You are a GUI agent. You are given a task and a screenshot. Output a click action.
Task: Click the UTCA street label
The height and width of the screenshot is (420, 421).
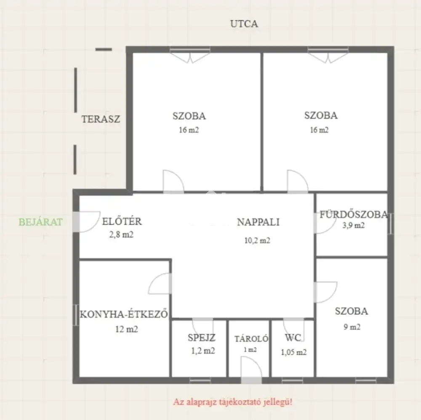[x=244, y=24]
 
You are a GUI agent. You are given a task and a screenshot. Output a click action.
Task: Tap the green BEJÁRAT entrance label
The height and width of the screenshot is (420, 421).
[x=40, y=222]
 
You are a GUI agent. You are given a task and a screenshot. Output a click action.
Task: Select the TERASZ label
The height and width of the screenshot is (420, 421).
[x=101, y=119]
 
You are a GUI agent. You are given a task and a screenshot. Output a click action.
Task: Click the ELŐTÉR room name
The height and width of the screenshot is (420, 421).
[x=122, y=221]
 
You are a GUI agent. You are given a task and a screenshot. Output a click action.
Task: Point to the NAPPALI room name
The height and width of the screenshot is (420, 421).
[x=258, y=222]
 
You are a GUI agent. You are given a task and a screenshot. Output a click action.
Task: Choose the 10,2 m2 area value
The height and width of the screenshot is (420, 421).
[x=257, y=240]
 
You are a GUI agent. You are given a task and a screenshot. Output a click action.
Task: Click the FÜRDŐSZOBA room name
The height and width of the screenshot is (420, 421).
[x=354, y=214]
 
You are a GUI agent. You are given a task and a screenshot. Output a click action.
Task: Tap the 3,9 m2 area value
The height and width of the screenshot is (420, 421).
[x=353, y=225]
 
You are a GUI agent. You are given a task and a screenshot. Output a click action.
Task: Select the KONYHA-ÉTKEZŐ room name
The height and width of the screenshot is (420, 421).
[x=124, y=314]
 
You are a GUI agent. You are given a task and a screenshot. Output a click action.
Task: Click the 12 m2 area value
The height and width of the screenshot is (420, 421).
[x=126, y=329]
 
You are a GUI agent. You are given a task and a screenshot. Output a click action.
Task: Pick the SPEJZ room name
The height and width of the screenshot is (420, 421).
[x=202, y=338]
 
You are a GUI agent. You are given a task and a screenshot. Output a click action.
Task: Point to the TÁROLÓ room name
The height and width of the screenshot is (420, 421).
[x=251, y=339]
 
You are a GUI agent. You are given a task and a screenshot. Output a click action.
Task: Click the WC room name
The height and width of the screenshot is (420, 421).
[x=293, y=337]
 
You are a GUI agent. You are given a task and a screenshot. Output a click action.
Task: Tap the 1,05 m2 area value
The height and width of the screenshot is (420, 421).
[x=294, y=352]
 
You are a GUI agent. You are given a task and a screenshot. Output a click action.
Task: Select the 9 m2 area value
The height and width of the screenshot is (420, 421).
[x=352, y=327]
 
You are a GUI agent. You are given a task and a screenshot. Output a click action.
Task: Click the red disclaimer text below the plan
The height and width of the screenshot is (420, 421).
[x=232, y=402]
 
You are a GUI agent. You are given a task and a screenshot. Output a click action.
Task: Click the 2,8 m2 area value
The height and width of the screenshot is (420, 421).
[x=121, y=235]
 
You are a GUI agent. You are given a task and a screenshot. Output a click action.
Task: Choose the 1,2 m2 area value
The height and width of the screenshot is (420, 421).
[x=203, y=351]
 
